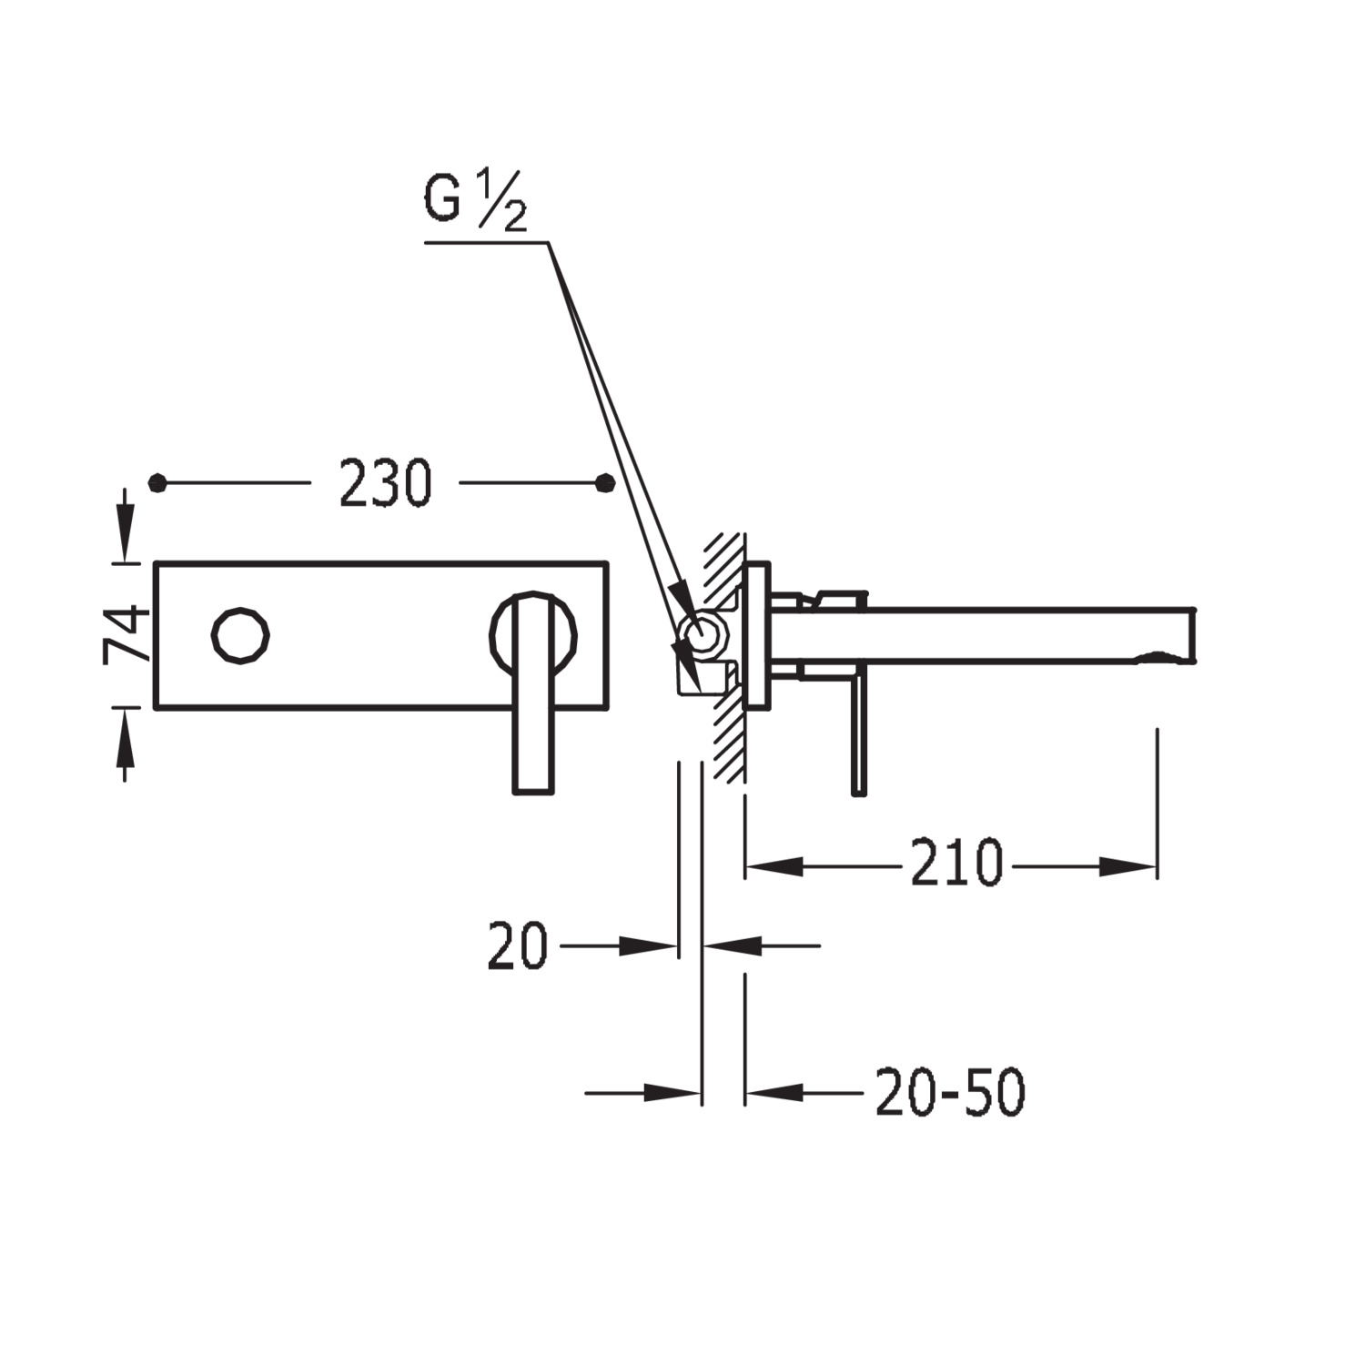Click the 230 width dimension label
click(x=385, y=483)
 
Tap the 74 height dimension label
click(x=127, y=634)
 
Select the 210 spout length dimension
click(x=956, y=863)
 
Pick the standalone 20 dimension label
click(x=517, y=946)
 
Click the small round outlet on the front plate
click(x=240, y=635)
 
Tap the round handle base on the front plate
click(x=533, y=635)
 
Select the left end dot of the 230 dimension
click(x=158, y=482)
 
